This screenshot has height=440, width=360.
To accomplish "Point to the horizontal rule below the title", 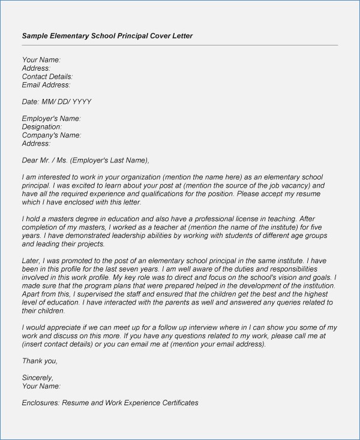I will click(180, 45).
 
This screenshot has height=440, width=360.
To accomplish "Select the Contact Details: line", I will click(47, 77).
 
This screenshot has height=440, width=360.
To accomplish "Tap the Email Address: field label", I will click(46, 85).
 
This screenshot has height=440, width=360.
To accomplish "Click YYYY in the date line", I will click(82, 102).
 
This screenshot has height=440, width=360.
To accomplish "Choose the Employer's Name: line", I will click(51, 119).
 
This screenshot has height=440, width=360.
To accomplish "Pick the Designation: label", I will click(42, 127).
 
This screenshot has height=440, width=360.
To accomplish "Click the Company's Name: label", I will click(52, 135).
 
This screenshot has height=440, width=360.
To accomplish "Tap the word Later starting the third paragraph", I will click(31, 261).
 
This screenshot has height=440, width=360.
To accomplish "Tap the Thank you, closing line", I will click(40, 361).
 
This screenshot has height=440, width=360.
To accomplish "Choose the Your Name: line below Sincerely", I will click(41, 386).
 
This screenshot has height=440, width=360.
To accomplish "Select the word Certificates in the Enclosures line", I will click(177, 403).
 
